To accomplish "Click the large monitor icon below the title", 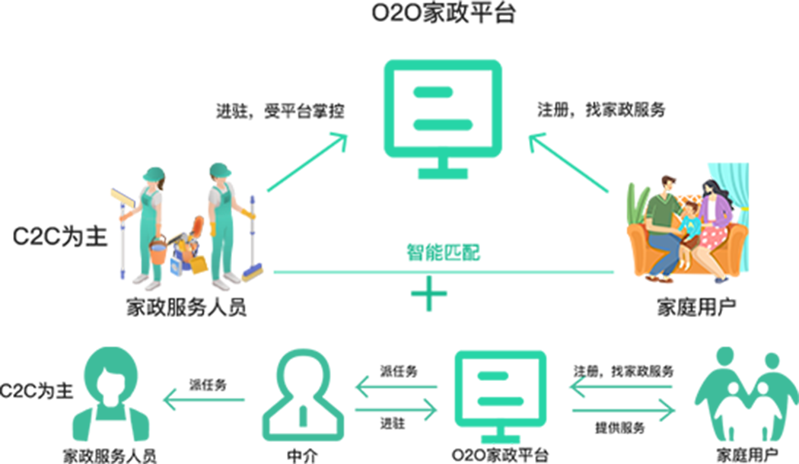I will (x=441, y=114).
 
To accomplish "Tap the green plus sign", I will (x=429, y=293).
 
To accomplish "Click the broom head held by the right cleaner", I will (x=253, y=273).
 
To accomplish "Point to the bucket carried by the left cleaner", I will (x=158, y=250).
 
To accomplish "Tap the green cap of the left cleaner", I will (x=152, y=174).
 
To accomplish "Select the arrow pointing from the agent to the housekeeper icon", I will (x=203, y=398).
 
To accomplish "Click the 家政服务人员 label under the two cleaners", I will (x=186, y=308).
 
